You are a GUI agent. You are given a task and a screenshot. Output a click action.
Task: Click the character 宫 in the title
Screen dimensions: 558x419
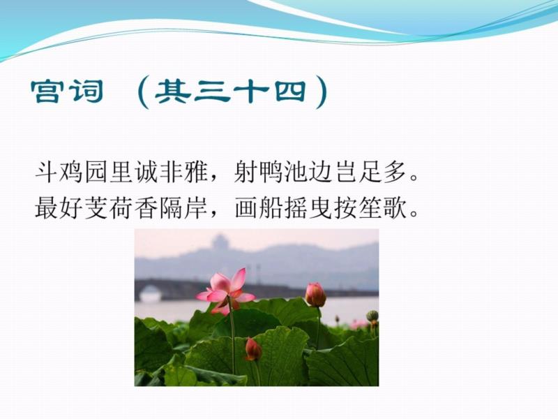[45, 91]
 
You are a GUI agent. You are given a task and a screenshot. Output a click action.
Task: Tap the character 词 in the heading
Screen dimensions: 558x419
[86, 91]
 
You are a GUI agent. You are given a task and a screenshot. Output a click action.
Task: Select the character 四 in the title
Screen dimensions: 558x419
[291, 91]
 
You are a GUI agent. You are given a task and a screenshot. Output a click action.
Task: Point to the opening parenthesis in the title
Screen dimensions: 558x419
[143, 93]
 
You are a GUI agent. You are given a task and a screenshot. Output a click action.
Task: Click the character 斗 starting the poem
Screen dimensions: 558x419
[47, 172]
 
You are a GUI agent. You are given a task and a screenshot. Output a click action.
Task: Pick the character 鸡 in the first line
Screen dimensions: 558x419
[72, 172]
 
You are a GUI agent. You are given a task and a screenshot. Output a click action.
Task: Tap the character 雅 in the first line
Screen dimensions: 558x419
[195, 172]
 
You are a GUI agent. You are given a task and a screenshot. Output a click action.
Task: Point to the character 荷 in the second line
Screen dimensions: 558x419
[121, 207]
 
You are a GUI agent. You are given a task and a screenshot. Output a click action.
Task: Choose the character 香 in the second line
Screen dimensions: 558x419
[146, 207]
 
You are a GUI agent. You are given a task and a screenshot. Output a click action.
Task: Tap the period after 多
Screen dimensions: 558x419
[414, 177]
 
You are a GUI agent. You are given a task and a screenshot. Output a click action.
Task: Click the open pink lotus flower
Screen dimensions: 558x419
[226, 291]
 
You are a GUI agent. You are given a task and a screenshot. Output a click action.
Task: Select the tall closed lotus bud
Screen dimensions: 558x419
[315, 295]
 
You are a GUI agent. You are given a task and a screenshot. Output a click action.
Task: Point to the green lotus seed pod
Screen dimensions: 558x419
[372, 316]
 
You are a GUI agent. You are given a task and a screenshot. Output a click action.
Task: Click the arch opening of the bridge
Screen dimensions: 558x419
[150, 293]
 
